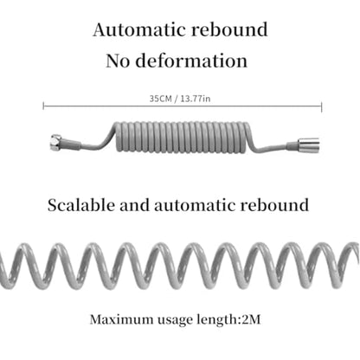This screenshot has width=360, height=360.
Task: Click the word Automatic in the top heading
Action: coord(139,29)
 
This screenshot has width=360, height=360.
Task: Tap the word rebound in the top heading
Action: coord(229,29)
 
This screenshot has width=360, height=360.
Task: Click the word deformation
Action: coord(191,61)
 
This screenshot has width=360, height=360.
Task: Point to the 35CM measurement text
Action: coord(160,99)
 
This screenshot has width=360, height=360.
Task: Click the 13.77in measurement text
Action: coord(196,99)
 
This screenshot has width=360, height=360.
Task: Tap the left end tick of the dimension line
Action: coord(43,106)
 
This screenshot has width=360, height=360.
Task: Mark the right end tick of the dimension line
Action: coord(322,106)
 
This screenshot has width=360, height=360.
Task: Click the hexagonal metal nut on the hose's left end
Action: coord(55,142)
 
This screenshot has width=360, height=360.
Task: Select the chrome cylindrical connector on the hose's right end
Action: coord(309,145)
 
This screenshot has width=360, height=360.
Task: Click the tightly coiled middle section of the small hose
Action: coord(183,137)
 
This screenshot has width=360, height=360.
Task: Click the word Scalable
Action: coord(81,205)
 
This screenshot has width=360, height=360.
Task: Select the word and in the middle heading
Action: coord(134,205)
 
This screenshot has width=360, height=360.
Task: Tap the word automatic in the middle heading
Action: coord(195,205)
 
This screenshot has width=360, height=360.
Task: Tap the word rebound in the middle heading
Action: coord(274,205)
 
